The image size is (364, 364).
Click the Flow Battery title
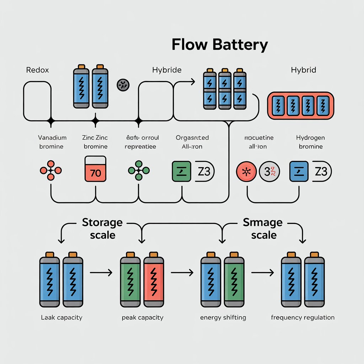(x=219, y=45)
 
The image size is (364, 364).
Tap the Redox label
(x=37, y=70)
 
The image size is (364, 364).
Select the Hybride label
(x=167, y=70)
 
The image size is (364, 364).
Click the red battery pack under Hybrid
(x=301, y=105)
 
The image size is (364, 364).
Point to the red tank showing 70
(x=96, y=169)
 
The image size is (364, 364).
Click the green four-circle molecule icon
(x=138, y=171)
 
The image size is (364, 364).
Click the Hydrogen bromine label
(x=310, y=142)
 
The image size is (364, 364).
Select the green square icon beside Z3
(x=181, y=172)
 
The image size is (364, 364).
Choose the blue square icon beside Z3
(x=299, y=172)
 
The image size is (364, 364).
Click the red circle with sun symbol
(x=246, y=172)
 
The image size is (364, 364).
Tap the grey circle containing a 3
(x=270, y=172)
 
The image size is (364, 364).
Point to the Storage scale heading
(x=102, y=229)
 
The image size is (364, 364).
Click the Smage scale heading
(x=263, y=229)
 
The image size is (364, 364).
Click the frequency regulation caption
(x=303, y=317)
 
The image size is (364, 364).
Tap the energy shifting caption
(x=223, y=317)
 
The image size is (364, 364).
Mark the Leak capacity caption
(x=61, y=317)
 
